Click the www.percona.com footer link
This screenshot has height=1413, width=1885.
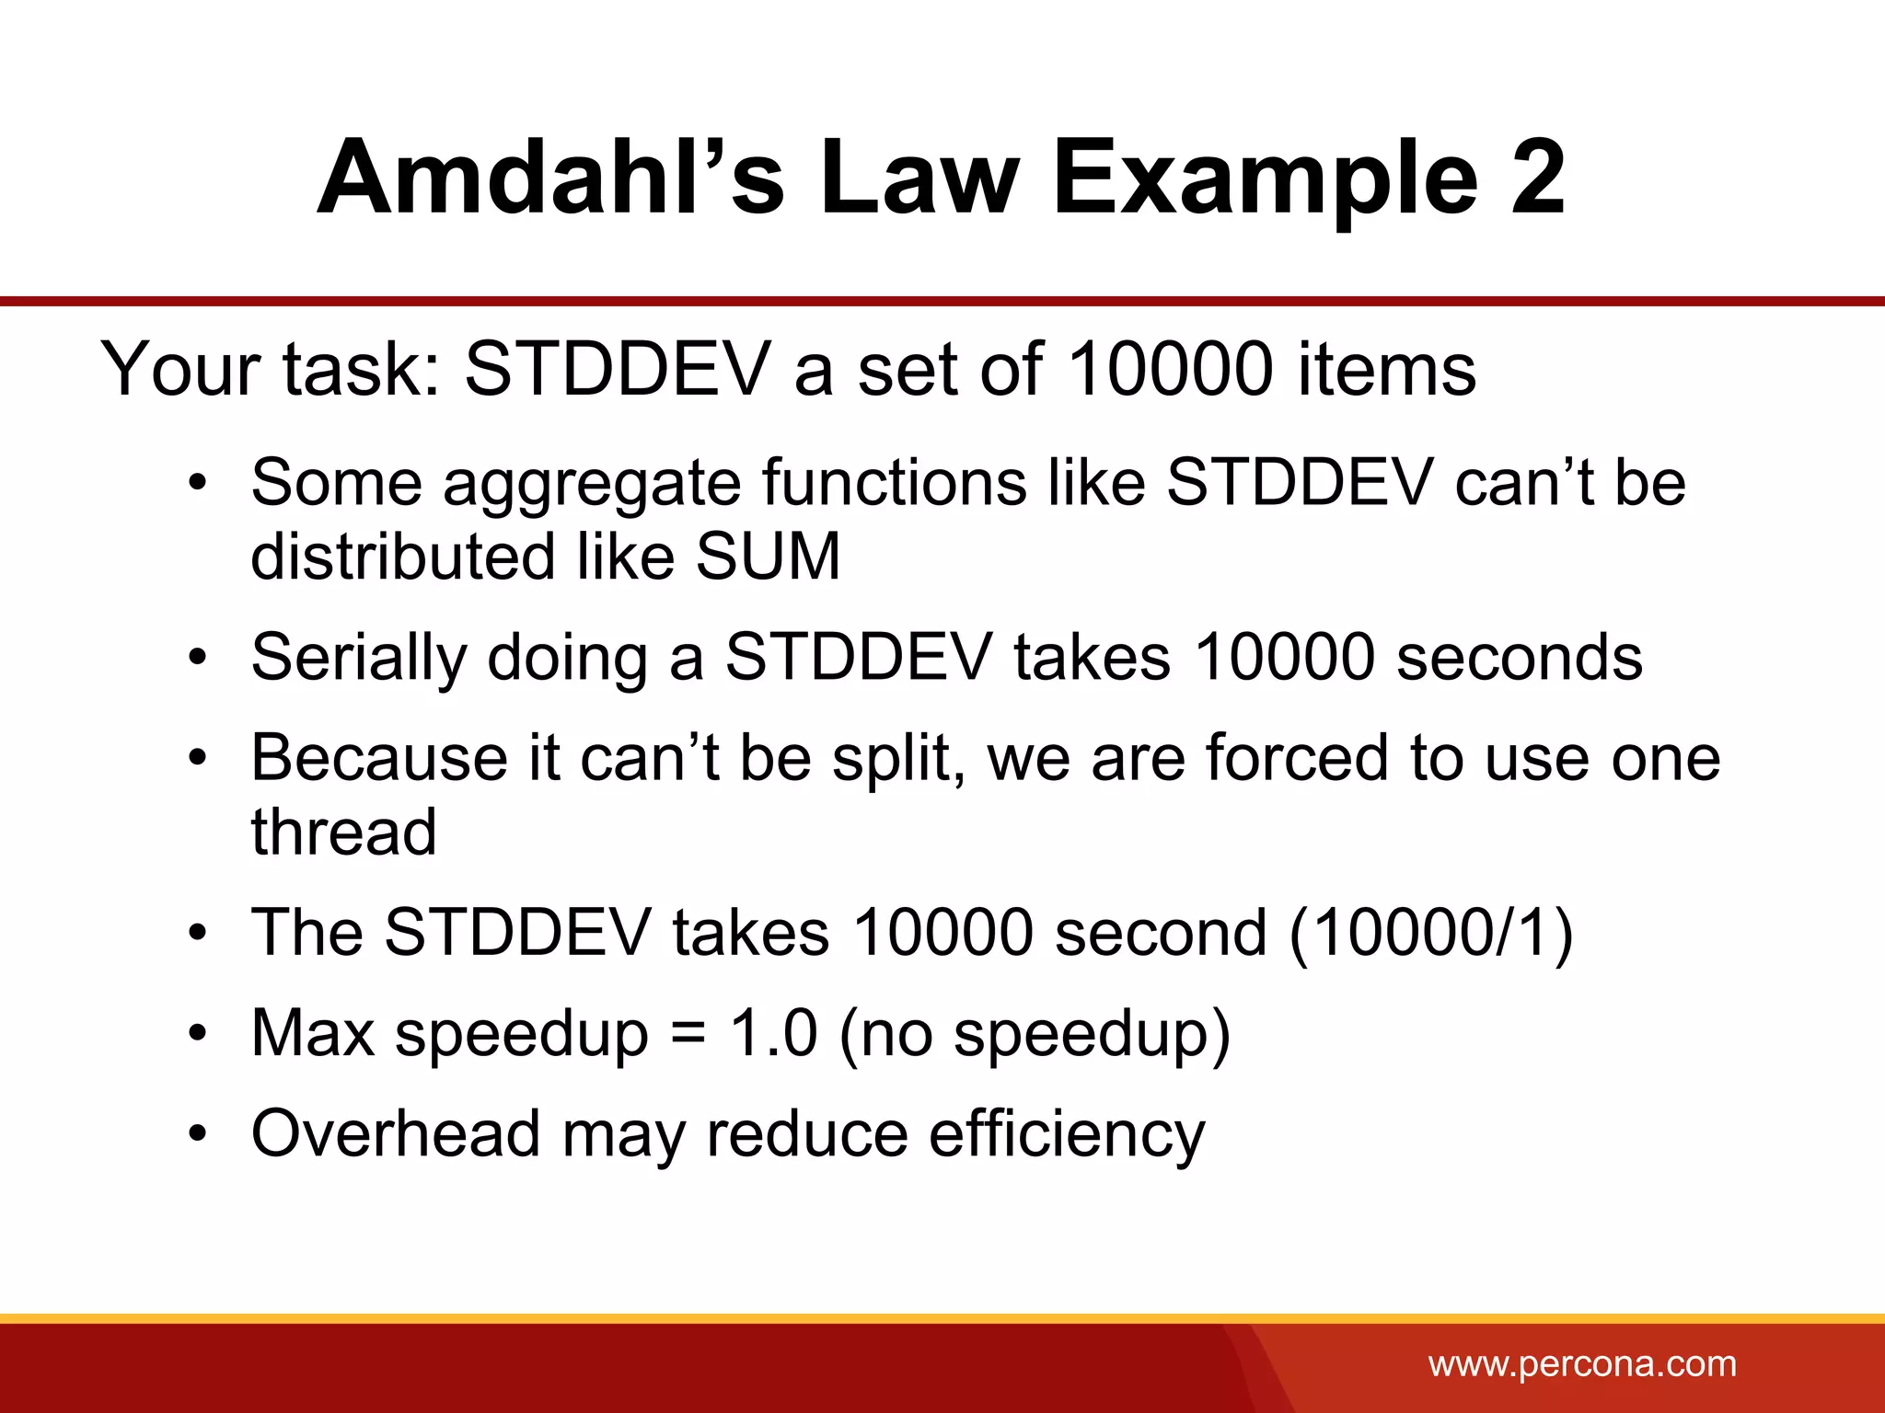pyautogui.click(x=1582, y=1363)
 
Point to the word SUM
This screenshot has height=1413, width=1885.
pyautogui.click(x=768, y=557)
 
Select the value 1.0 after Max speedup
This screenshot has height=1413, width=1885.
pyautogui.click(x=773, y=1033)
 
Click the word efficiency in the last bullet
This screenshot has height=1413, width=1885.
pyautogui.click(x=1067, y=1135)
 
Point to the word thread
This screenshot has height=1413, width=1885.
pyautogui.click(x=343, y=833)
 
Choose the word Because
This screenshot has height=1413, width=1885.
pyautogui.click(x=379, y=759)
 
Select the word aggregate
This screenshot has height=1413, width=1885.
pyautogui.click(x=592, y=486)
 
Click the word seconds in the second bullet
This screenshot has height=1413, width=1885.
pyautogui.click(x=1519, y=659)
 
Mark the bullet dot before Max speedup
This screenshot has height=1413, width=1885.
pyautogui.click(x=197, y=1034)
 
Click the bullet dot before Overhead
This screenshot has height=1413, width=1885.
pyautogui.click(x=197, y=1134)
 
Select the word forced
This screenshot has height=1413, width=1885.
pyautogui.click(x=1296, y=759)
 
